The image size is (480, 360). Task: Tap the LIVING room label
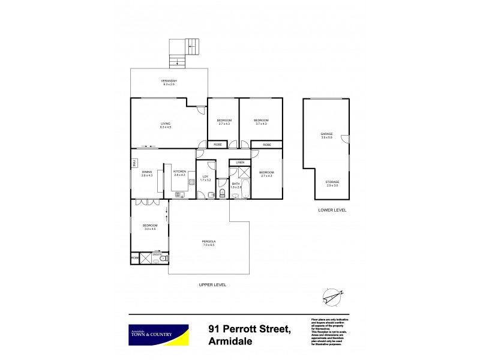coord(166,124)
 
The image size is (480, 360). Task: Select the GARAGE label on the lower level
coord(326,134)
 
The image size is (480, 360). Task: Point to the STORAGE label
coord(332,182)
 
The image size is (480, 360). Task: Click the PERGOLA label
coord(208,242)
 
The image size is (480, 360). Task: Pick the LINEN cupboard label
coord(240,163)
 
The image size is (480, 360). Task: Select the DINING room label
coord(147,172)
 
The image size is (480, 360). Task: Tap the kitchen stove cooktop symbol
coord(178,193)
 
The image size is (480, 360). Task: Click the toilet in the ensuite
coord(165,259)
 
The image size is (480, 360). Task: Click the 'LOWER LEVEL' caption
coord(332,211)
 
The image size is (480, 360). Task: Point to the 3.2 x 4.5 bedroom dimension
coord(150,229)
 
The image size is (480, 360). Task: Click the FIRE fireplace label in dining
coord(135,163)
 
